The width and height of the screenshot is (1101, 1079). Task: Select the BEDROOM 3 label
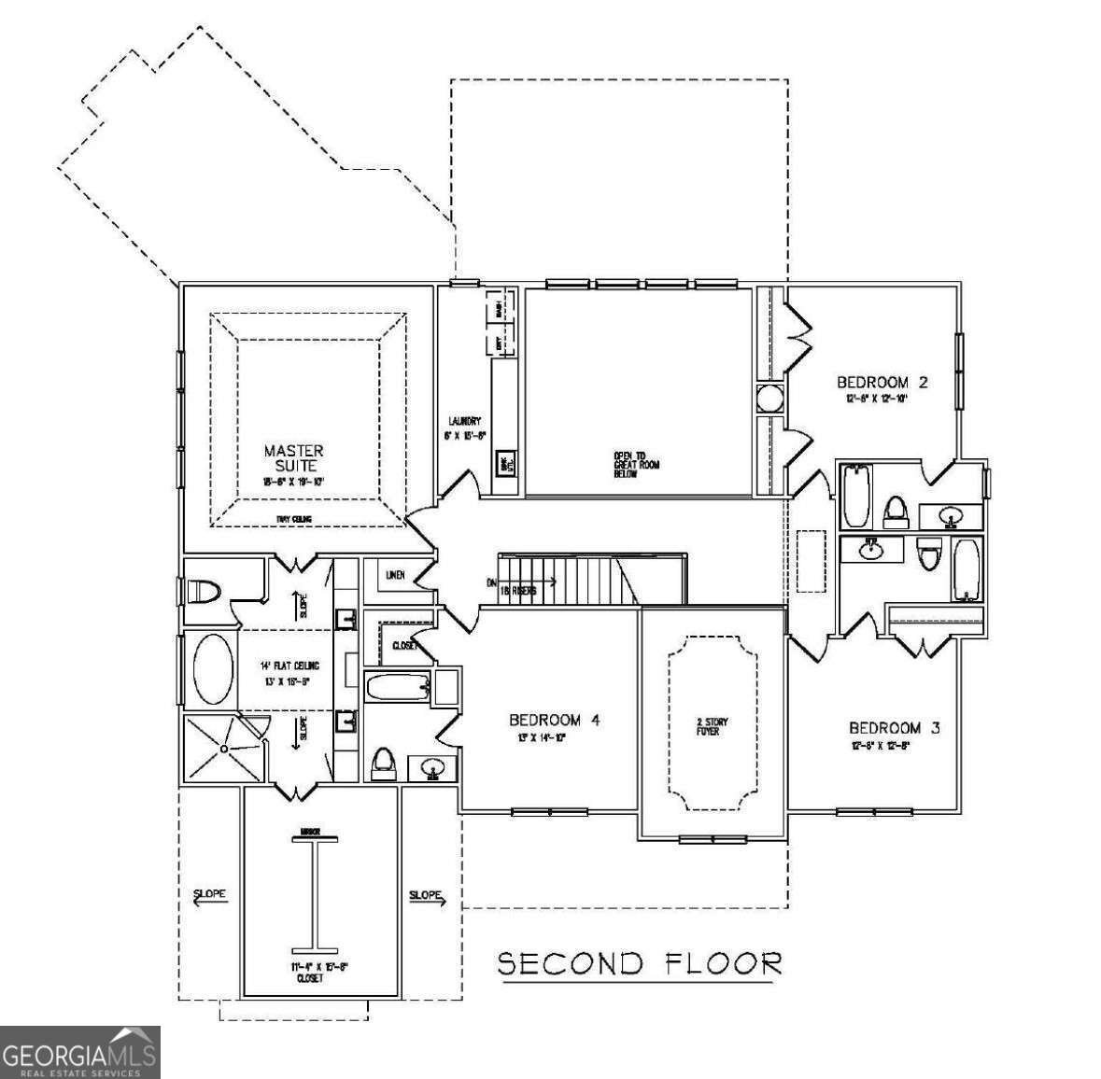point(894,727)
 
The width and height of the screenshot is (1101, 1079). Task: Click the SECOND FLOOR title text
point(640,962)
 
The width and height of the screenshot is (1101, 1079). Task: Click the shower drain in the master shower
point(225,748)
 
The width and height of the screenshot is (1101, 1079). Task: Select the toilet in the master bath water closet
point(205,592)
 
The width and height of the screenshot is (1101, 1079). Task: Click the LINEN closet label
point(395,575)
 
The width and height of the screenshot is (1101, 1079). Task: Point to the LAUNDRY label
point(463,421)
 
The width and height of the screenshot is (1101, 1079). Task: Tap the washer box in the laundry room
point(501,307)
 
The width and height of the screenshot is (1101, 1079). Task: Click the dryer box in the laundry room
point(501,343)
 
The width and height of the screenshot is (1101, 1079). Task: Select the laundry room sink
point(505,463)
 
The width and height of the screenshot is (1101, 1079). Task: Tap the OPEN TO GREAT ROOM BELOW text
point(636,464)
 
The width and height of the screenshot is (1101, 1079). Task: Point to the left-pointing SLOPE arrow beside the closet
point(209,898)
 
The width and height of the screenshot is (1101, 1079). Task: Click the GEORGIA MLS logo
point(80,1052)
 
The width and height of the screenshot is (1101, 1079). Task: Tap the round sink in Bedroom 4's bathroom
point(431,769)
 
